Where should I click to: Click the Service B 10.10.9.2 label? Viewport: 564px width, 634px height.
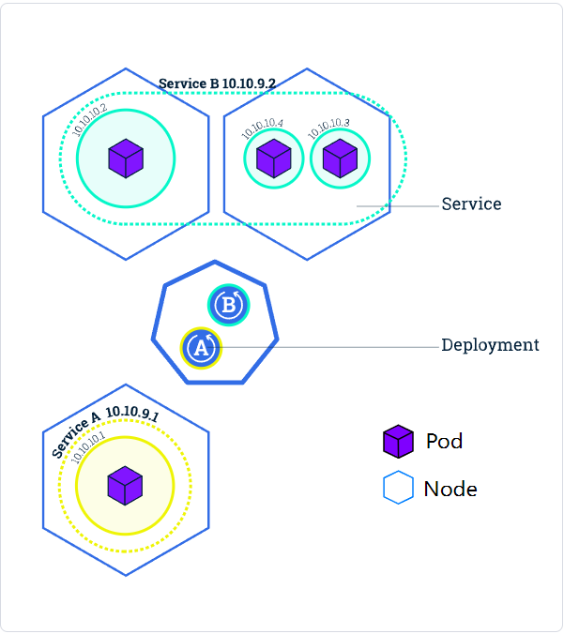217,83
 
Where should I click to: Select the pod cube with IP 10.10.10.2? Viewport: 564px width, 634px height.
125,158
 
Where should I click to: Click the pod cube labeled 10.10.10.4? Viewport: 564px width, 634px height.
274,158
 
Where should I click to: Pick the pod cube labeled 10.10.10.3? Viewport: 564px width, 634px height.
340,158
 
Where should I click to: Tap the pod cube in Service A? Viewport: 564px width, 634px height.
125,485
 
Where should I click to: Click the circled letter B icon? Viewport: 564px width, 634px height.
227,305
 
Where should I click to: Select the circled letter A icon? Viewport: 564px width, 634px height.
200,348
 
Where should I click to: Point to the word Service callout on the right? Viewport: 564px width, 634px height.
471,204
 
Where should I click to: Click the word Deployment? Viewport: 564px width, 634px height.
490,345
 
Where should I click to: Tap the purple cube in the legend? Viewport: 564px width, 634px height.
398,441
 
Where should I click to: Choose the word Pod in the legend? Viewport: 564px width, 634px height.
444,441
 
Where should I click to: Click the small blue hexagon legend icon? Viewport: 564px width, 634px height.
398,488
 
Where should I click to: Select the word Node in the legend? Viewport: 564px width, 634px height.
450,489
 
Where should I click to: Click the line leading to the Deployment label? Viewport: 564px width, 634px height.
328,347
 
